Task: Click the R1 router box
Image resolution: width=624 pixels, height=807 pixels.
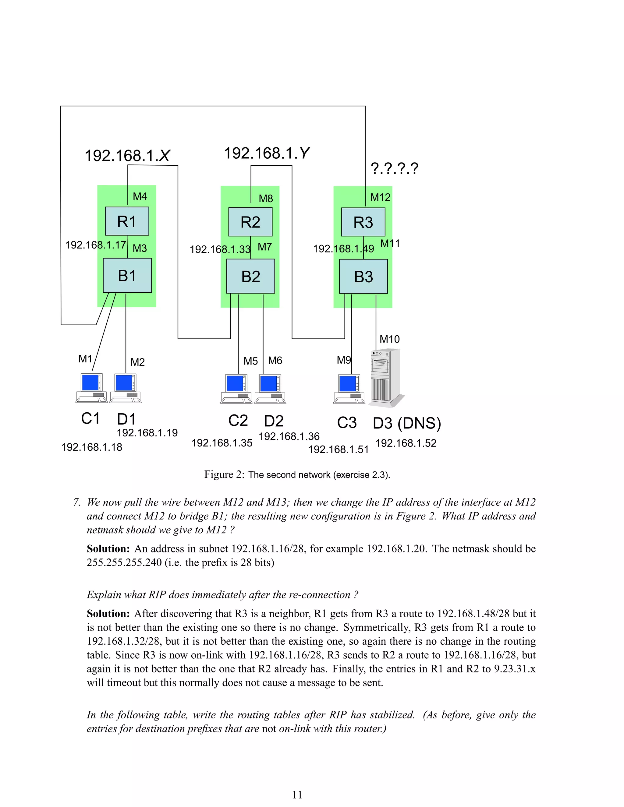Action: pos(127,221)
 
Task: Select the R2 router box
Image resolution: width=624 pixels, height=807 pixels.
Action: pos(250,222)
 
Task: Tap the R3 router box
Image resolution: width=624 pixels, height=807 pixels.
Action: pos(363,222)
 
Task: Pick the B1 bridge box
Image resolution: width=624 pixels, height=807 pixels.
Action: pos(127,276)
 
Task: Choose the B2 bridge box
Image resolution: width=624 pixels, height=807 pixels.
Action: pos(251,277)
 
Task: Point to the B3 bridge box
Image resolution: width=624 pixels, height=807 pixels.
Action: pos(363,277)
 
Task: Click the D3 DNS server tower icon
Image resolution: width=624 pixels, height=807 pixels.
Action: pos(385,378)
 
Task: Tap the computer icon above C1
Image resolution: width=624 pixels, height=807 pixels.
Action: pos(91,388)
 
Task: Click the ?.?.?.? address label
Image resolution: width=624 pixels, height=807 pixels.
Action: pos(395,168)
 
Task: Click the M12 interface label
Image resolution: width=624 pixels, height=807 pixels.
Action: pos(380,197)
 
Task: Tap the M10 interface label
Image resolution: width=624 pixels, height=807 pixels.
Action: pos(390,339)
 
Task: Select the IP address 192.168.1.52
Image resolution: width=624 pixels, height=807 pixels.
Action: pos(406,443)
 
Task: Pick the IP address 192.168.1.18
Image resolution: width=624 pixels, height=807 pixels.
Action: pos(91,447)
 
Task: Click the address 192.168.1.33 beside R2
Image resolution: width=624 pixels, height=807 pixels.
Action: pos(220,249)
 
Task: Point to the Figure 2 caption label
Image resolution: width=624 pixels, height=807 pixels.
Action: pos(297,475)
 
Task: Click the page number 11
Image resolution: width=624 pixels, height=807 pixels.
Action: pos(297,795)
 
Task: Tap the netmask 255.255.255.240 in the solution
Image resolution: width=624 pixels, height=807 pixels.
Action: pos(124,562)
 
